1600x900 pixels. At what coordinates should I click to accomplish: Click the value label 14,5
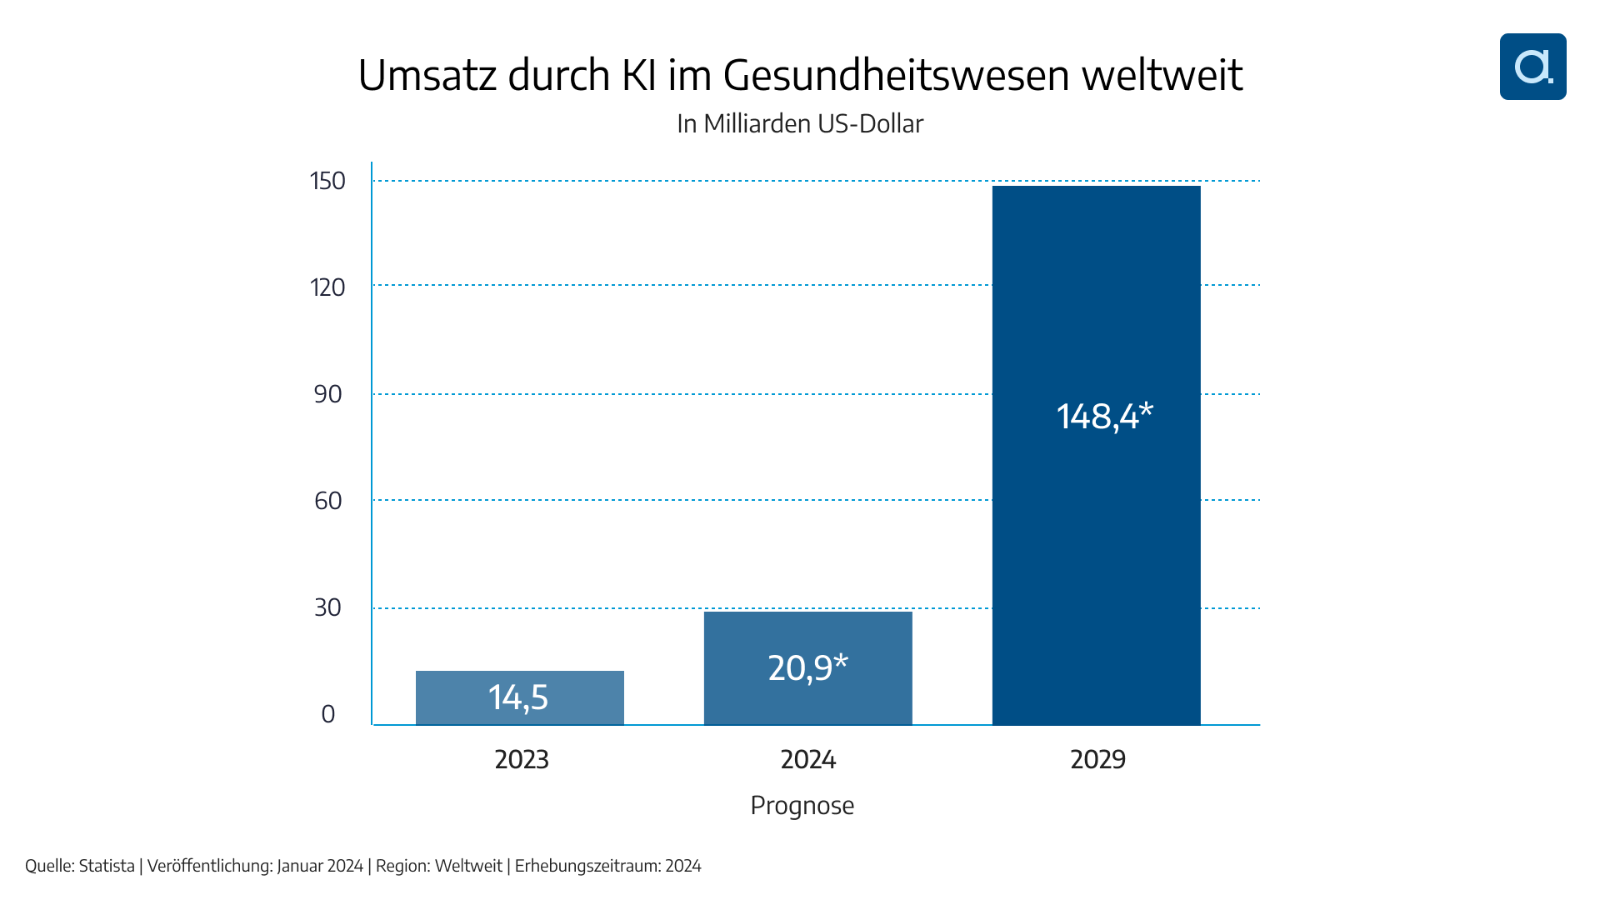click(x=518, y=697)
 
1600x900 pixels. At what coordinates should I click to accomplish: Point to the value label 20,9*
click(x=807, y=667)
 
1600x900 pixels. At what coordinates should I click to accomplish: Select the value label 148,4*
click(x=1104, y=416)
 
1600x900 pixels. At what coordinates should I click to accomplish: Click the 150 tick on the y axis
click(x=327, y=181)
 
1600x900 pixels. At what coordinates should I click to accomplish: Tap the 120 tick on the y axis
click(x=327, y=287)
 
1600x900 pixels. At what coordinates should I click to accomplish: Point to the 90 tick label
click(x=328, y=394)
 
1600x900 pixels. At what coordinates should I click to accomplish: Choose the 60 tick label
click(x=328, y=501)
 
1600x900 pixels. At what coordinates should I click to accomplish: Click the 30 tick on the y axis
click(x=328, y=607)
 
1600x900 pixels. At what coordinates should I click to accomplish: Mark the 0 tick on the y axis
click(x=328, y=714)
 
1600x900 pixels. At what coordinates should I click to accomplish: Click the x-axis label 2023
click(x=522, y=759)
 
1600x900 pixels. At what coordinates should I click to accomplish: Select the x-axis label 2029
click(x=1097, y=759)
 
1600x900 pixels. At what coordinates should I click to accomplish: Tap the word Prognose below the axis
click(x=802, y=805)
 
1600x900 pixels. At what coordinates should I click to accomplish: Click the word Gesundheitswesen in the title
click(x=896, y=76)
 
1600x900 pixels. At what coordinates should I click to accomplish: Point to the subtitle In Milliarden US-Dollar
click(x=800, y=123)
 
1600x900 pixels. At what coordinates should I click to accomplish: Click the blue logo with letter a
click(x=1532, y=67)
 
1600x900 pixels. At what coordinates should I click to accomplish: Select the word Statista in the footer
click(x=107, y=866)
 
